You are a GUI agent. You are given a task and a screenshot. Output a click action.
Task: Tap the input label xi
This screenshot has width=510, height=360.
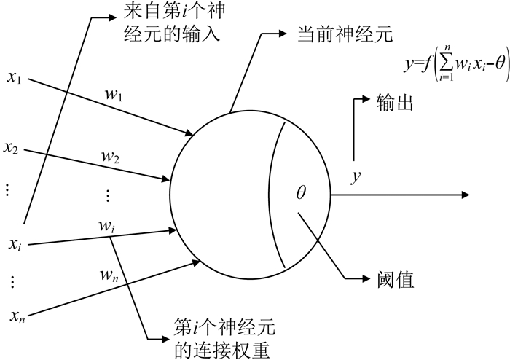click(14, 245)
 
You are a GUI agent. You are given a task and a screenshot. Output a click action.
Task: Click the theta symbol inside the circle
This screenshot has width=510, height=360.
click(301, 192)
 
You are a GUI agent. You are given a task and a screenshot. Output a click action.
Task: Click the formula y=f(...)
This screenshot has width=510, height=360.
click(455, 66)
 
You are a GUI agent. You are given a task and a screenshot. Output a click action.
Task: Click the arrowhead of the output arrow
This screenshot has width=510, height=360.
click(465, 195)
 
